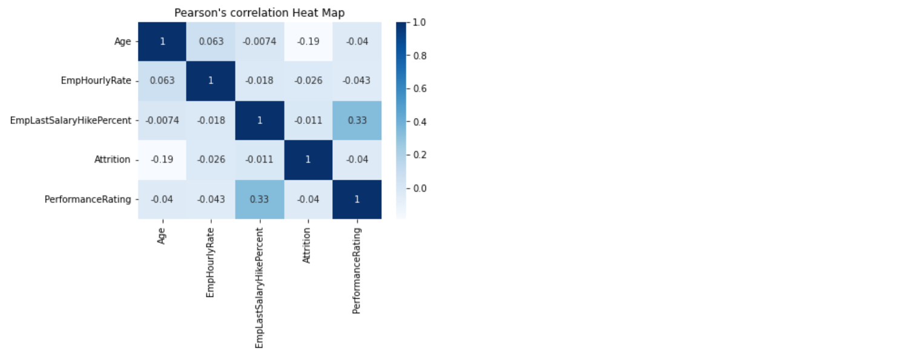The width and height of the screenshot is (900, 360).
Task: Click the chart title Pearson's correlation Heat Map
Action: point(260,13)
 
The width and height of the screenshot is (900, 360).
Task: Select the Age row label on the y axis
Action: point(123,42)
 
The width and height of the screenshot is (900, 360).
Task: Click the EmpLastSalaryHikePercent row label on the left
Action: point(71,120)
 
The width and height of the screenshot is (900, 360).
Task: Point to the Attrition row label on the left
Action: point(112,160)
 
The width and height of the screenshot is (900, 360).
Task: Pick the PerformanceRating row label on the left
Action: point(88,199)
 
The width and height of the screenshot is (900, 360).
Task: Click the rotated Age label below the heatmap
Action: point(162,235)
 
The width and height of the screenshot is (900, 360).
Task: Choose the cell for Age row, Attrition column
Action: point(308,42)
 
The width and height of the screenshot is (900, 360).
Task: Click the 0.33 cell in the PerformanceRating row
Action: point(259,199)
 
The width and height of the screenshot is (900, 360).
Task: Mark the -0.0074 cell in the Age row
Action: point(259,42)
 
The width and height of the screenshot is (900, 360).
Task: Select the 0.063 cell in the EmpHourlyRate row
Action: point(162,80)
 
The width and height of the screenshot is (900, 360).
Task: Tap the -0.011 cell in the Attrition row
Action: point(259,160)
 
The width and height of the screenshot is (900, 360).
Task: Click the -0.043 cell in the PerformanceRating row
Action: point(211,199)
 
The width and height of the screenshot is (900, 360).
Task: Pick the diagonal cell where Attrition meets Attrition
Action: point(308,160)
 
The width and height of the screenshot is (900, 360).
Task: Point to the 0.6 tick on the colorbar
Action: point(419,88)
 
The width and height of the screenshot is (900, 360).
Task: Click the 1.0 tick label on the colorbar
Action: point(419,22)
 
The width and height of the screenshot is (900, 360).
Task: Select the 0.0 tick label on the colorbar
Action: point(419,188)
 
